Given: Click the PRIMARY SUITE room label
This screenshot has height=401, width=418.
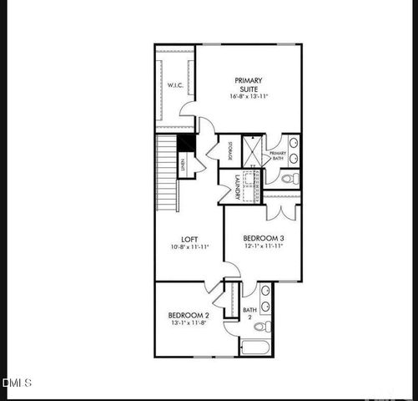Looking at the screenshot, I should coord(247,84).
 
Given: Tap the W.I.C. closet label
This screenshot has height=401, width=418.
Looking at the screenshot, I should coord(174,85).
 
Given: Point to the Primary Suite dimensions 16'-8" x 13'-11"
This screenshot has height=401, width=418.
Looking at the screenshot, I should coord(247,96).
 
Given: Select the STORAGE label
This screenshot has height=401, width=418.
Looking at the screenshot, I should coord(229,151).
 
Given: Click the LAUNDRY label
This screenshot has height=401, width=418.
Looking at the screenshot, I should coord(238,186).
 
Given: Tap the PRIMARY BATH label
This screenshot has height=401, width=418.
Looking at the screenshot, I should coord(277,157).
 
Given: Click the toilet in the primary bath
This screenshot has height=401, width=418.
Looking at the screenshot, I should coord(289,178).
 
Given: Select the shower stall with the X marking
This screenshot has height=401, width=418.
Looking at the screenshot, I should coord(252,151).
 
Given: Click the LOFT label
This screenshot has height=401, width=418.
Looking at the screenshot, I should coord(189,238).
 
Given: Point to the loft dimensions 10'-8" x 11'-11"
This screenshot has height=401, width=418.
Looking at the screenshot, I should coord(189,247).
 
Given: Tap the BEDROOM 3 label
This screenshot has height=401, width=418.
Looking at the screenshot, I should coord(264,238).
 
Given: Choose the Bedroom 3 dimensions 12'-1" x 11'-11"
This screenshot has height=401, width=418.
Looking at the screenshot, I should coord(264,247).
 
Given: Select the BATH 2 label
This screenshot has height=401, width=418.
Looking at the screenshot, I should coord(249,313).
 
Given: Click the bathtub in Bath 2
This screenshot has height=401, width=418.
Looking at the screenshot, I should coord(255,346).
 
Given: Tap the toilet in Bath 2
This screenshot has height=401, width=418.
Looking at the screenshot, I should coord(262,326).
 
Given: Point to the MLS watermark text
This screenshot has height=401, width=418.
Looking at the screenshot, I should coord(18,383).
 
